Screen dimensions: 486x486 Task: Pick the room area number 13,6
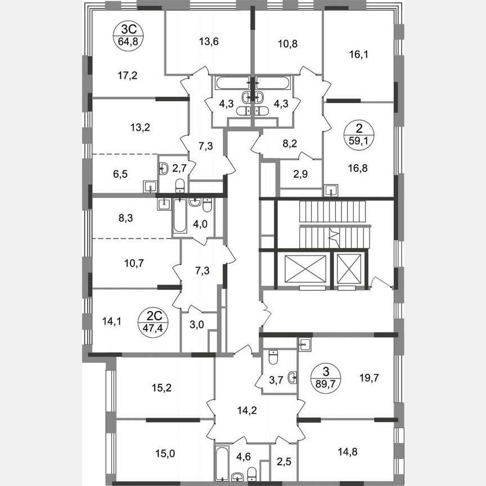coord(208,40)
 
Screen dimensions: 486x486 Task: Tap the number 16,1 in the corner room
coord(357,55)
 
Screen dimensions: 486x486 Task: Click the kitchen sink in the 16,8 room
coord(332,190)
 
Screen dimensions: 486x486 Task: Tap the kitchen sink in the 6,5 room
coord(149,186)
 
